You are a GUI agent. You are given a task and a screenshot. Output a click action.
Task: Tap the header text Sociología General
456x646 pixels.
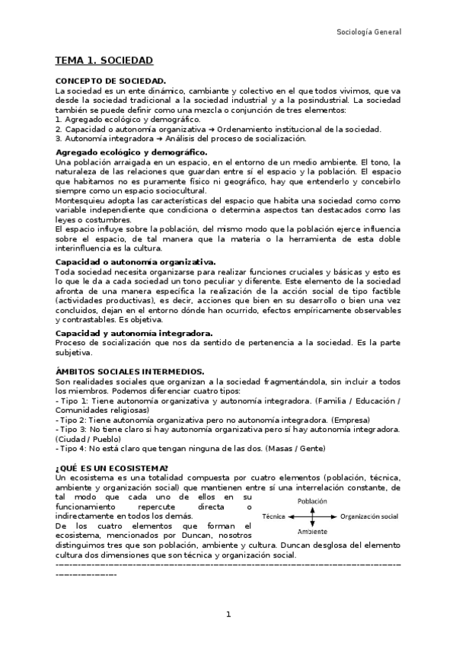tap(368, 32)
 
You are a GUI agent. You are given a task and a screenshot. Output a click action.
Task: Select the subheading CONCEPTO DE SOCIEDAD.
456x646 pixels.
tap(111, 80)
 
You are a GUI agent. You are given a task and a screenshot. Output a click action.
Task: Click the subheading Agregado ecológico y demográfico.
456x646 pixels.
tap(121, 152)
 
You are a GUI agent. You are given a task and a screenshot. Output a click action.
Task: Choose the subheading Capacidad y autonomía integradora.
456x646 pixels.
tap(124, 333)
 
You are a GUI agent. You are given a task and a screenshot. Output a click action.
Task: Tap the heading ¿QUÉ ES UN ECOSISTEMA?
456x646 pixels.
tap(113, 467)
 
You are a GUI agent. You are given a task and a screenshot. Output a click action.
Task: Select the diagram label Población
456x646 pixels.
tap(312, 501)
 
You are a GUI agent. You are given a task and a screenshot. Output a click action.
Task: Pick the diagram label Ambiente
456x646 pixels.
tap(312, 531)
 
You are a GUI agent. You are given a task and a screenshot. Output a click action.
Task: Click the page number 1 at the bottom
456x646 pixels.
tap(228, 615)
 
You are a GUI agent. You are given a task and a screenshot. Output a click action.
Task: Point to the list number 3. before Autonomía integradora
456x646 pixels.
tap(60, 138)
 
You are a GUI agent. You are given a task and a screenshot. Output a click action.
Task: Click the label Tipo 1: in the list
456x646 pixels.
tap(74, 401)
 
